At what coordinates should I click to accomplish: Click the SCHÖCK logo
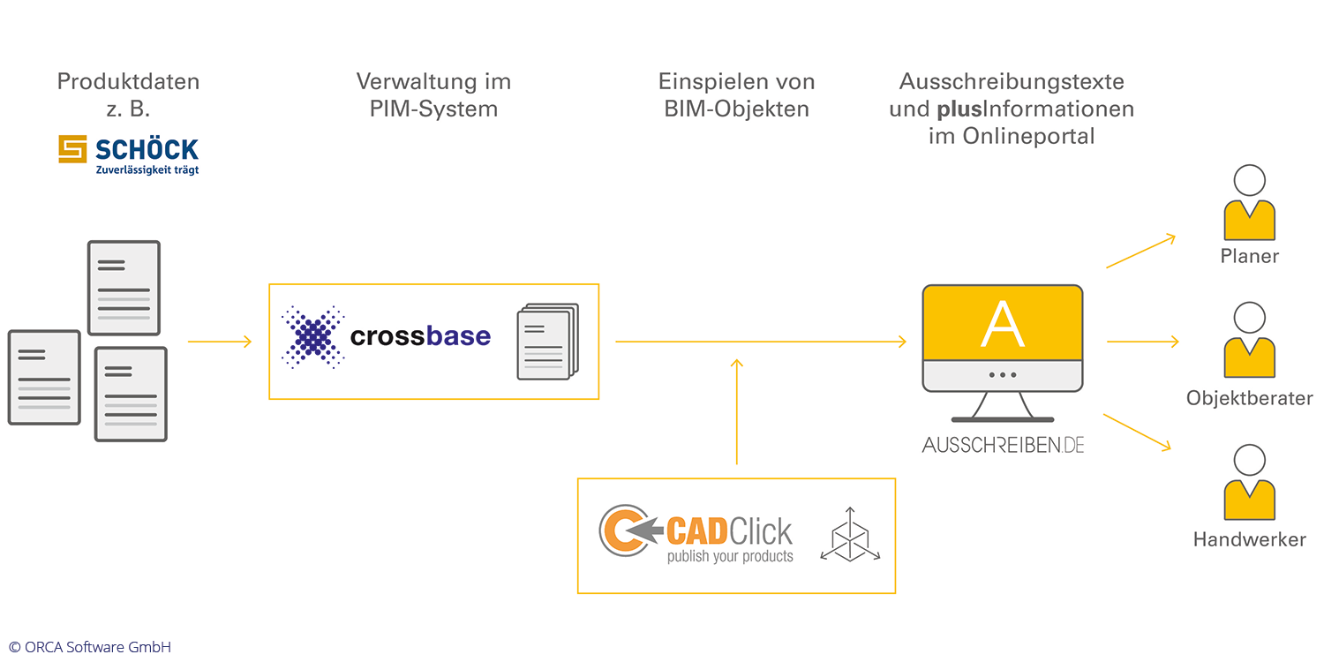[x=129, y=154]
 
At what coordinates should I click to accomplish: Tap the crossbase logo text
[x=420, y=336]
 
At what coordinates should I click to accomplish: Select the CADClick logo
[x=696, y=535]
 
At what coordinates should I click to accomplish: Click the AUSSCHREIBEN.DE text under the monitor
[x=1003, y=445]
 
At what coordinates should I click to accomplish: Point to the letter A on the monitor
[x=1003, y=324]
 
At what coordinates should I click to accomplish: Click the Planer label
[x=1249, y=257]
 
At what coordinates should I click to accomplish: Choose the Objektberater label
[x=1249, y=398]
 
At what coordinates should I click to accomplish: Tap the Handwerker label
[x=1249, y=539]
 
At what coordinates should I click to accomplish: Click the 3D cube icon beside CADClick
[x=849, y=535]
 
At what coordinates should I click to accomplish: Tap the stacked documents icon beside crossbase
[x=547, y=342]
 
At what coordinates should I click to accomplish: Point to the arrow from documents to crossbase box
[x=220, y=342]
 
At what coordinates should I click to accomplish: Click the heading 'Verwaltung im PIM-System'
[x=433, y=95]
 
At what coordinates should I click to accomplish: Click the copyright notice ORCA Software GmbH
[x=90, y=647]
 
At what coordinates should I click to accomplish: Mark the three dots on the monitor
[x=1003, y=374]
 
